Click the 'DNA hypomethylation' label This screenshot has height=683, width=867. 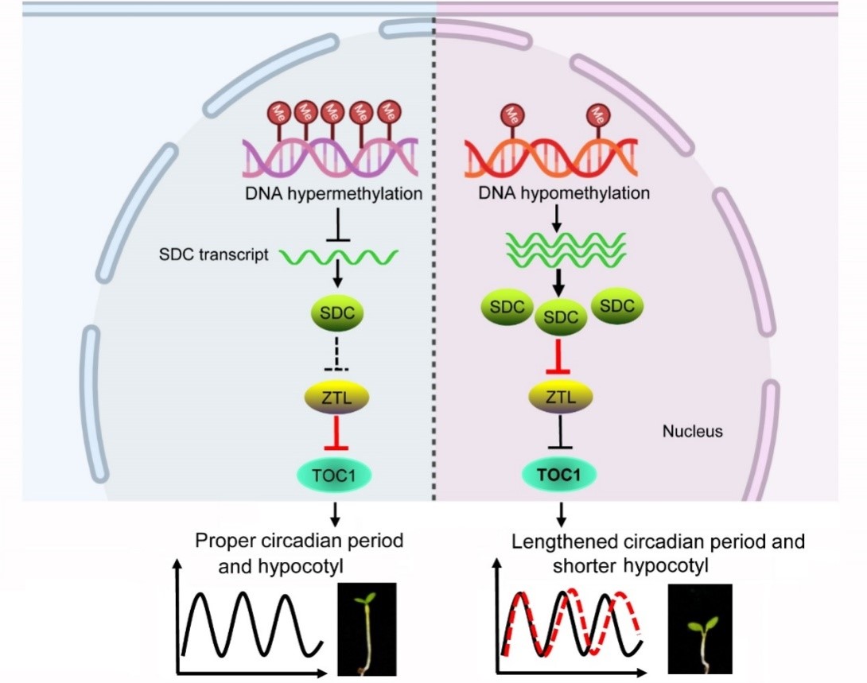[x=554, y=193]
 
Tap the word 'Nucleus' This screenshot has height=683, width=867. [x=693, y=432]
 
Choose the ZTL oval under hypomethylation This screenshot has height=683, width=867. [x=562, y=395]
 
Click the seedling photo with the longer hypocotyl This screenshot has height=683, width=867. [x=367, y=628]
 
